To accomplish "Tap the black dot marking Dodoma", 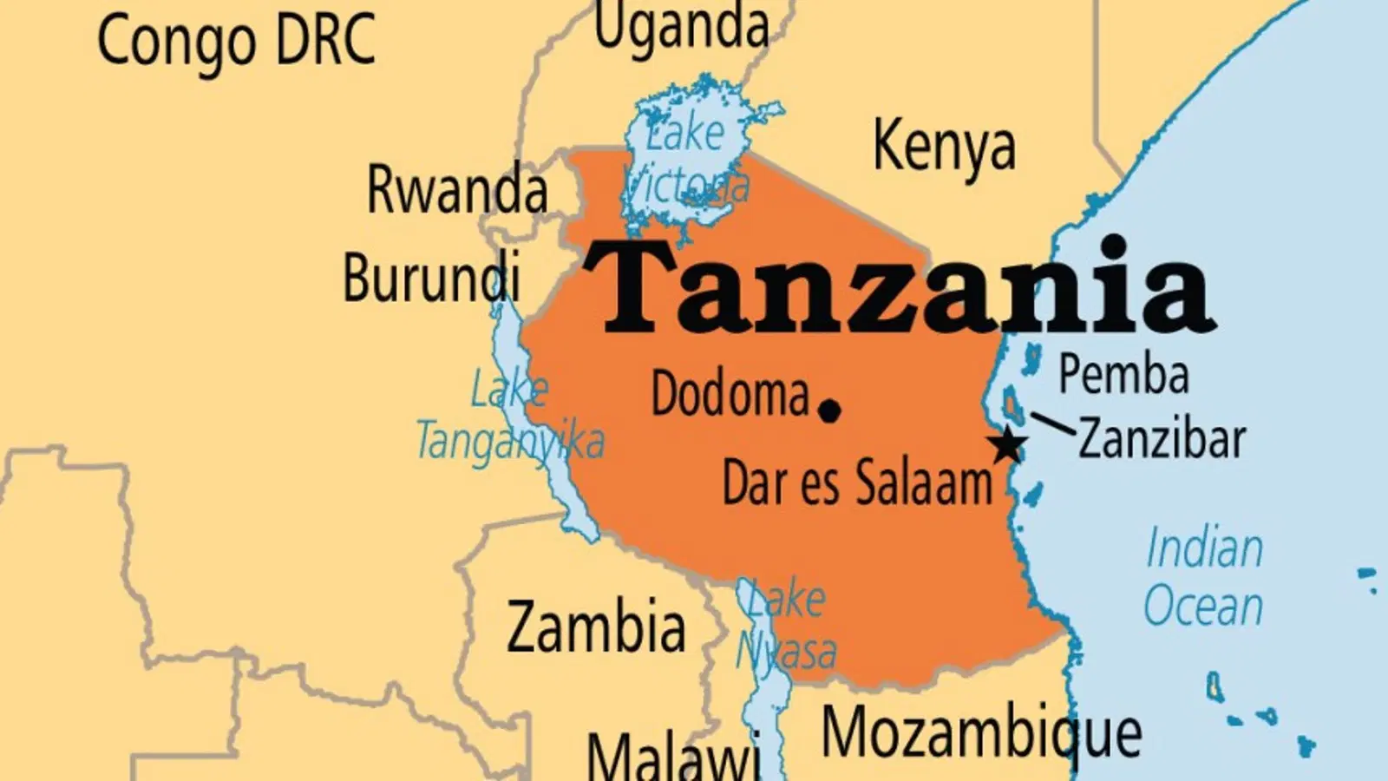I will tap(830, 410).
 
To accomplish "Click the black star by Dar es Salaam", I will tap(1007, 445).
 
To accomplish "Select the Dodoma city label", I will tap(730, 395).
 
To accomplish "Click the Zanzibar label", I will tap(1162, 439).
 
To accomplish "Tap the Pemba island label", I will tap(1123, 375).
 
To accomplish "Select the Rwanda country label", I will tap(457, 189).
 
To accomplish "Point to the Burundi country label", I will tap(431, 278).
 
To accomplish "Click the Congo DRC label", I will tap(236, 41).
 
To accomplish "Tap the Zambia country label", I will tap(596, 627).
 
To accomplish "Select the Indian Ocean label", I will tap(1203, 577).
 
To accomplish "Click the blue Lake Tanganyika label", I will tap(510, 416).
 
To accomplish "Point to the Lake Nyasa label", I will tap(786, 625).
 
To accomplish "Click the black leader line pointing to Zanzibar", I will tap(1052, 423).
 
